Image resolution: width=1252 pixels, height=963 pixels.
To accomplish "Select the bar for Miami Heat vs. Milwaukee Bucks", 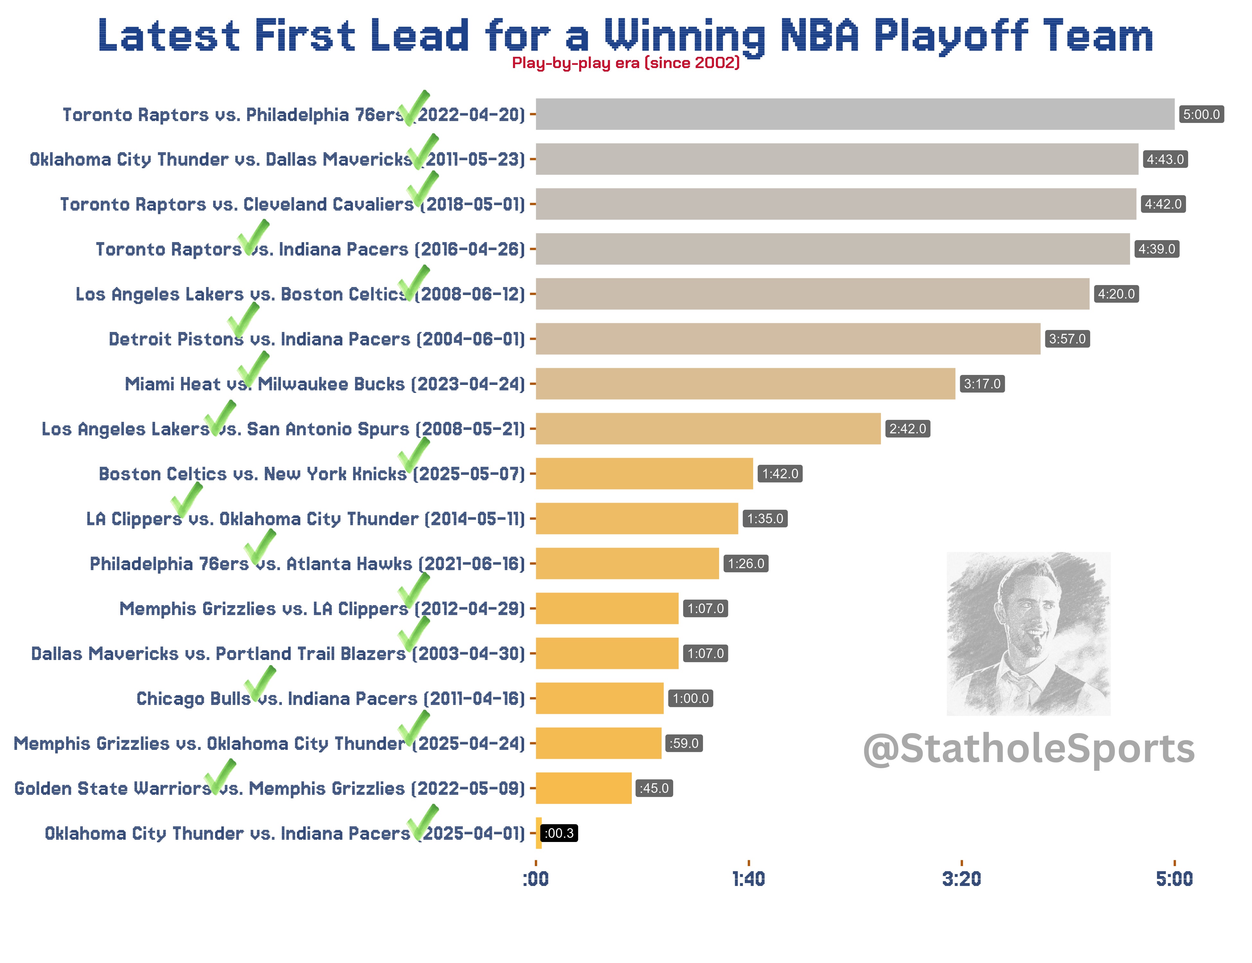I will pos(745,384).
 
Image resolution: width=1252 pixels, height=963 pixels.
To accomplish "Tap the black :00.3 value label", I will pos(559,833).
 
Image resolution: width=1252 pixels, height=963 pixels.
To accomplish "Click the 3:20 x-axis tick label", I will pos(961,879).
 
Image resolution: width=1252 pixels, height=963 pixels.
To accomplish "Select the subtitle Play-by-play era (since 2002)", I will pos(625,63).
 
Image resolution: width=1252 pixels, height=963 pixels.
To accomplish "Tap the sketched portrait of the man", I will pos(1029,633).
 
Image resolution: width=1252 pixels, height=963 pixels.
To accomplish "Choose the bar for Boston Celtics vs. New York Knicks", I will pos(644,473).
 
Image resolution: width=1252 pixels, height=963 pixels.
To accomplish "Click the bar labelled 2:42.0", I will pos(708,428).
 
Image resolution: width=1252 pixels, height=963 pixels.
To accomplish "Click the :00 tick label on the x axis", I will pos(535,879).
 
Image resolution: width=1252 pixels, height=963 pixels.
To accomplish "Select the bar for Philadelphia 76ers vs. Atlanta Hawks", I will pos(627,563).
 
